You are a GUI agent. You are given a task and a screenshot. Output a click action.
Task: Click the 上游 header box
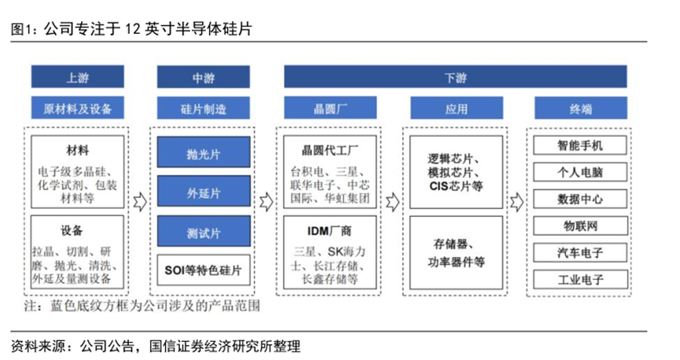coord(78,77)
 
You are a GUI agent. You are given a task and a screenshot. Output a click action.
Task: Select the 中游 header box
coord(204,77)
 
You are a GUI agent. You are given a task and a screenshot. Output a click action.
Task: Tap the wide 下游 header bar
coord(455,77)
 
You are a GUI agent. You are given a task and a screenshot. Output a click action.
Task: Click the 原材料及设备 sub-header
coord(78,108)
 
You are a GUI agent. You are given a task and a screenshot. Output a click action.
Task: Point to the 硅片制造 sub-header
coord(204,108)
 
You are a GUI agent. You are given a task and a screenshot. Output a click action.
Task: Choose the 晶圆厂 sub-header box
coord(330,108)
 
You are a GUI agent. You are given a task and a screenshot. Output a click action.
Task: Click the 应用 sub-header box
coord(457,108)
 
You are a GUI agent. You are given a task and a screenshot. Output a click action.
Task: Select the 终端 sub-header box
coord(581,108)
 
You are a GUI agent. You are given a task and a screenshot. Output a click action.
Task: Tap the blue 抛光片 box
coord(204,152)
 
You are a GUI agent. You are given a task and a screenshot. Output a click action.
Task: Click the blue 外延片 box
coord(204,191)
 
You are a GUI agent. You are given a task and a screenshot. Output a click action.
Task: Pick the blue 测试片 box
coord(204,232)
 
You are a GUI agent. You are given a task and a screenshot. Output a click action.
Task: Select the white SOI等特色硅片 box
coord(204,270)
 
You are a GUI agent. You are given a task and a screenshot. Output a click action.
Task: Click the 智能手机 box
coord(580,145)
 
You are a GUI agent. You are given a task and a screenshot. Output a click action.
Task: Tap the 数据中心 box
coord(580,199)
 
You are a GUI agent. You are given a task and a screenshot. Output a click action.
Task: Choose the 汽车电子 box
coord(580,253)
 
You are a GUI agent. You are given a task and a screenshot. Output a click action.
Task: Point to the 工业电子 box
coord(580,280)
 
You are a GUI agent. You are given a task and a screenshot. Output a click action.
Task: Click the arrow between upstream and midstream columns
coord(140,202)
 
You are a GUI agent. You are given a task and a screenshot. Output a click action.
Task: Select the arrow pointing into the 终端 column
coord(517,202)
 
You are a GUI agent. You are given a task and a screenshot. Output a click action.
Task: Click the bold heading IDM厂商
coord(329,231)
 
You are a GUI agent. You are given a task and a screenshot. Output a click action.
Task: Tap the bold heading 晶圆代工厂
coord(329,150)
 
